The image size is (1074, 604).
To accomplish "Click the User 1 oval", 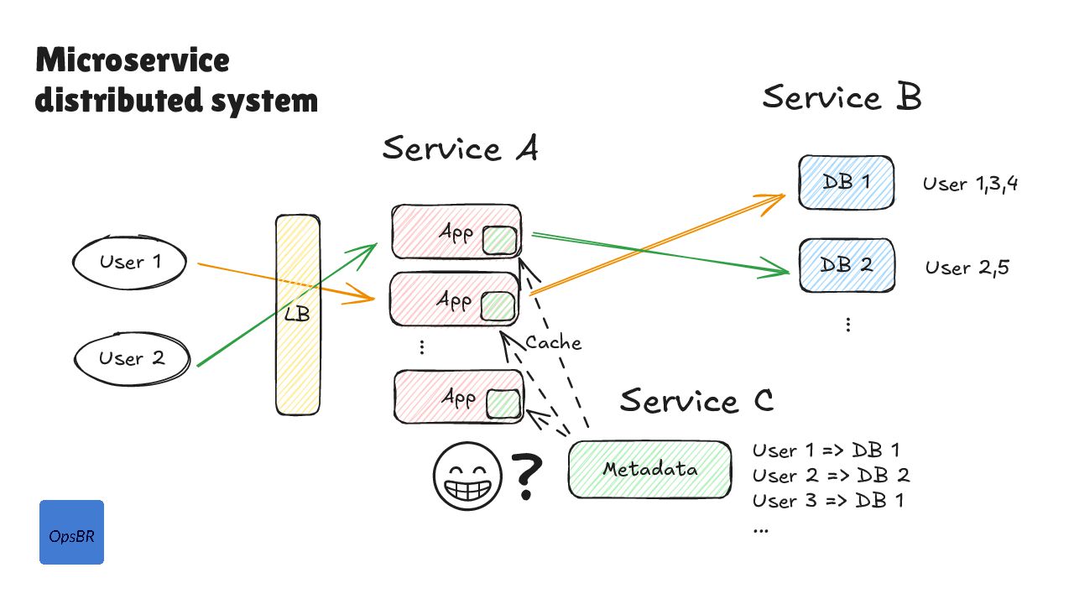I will tap(129, 263).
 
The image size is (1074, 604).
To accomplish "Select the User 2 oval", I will tap(131, 359).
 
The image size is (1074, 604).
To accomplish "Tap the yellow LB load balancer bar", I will tap(298, 315).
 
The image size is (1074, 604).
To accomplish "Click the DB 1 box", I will tap(845, 182).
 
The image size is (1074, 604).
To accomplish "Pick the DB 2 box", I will tap(846, 264).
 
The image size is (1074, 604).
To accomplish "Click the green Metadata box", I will tap(649, 469).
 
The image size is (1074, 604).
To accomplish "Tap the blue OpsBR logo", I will tap(71, 532).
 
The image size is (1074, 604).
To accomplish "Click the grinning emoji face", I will tap(467, 476).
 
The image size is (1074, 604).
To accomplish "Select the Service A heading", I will tap(460, 149).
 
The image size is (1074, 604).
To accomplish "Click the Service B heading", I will tap(842, 97).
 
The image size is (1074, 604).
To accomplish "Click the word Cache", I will tap(553, 342).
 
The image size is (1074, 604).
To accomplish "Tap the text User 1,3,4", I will tap(971, 184).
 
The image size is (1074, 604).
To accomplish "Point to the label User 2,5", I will tap(967, 268).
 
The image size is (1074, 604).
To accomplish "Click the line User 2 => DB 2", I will tap(831, 476).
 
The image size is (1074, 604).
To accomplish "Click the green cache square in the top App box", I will tap(500, 240).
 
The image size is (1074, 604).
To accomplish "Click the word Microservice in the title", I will tap(133, 60).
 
